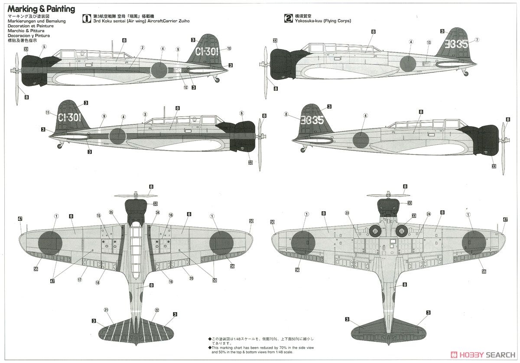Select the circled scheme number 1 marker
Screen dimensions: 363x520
[x=86, y=18]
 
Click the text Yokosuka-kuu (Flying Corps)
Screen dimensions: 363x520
[x=323, y=21]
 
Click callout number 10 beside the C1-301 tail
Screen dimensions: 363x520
[x=229, y=48]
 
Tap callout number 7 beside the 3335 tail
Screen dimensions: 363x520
[x=477, y=40]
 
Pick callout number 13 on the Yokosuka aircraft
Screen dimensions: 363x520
[x=429, y=43]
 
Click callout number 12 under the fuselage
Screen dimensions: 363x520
[x=186, y=88]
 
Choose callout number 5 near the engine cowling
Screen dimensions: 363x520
[x=44, y=47]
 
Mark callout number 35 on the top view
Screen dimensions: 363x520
[x=111, y=213]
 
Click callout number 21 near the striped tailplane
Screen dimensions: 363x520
[x=106, y=310]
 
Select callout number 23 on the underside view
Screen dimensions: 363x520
[x=347, y=213]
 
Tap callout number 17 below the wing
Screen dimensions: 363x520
[x=79, y=280]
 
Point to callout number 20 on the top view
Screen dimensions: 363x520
[x=191, y=278]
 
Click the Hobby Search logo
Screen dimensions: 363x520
[x=482, y=353]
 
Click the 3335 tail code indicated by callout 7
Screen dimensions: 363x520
[x=457, y=44]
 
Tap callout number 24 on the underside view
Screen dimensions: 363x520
[x=429, y=214]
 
